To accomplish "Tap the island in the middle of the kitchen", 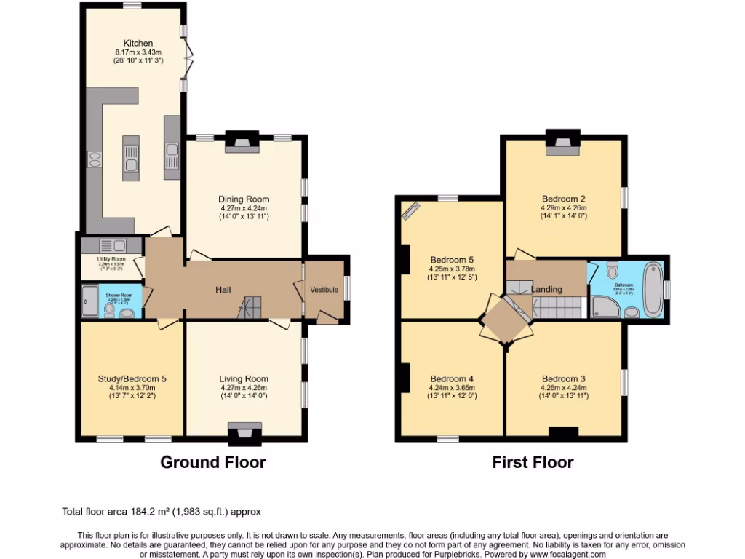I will pos(131,157).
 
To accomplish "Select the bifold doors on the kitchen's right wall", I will pos(188,60).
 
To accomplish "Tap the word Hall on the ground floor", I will pos(223,290).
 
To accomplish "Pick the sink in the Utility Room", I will pos(113,245).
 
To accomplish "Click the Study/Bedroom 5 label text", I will pos(132,378).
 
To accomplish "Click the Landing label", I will pos(546,289).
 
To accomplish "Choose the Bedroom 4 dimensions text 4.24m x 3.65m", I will pos(452,387).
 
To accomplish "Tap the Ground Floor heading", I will pos(212,462).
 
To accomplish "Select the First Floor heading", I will pos(533,462).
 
